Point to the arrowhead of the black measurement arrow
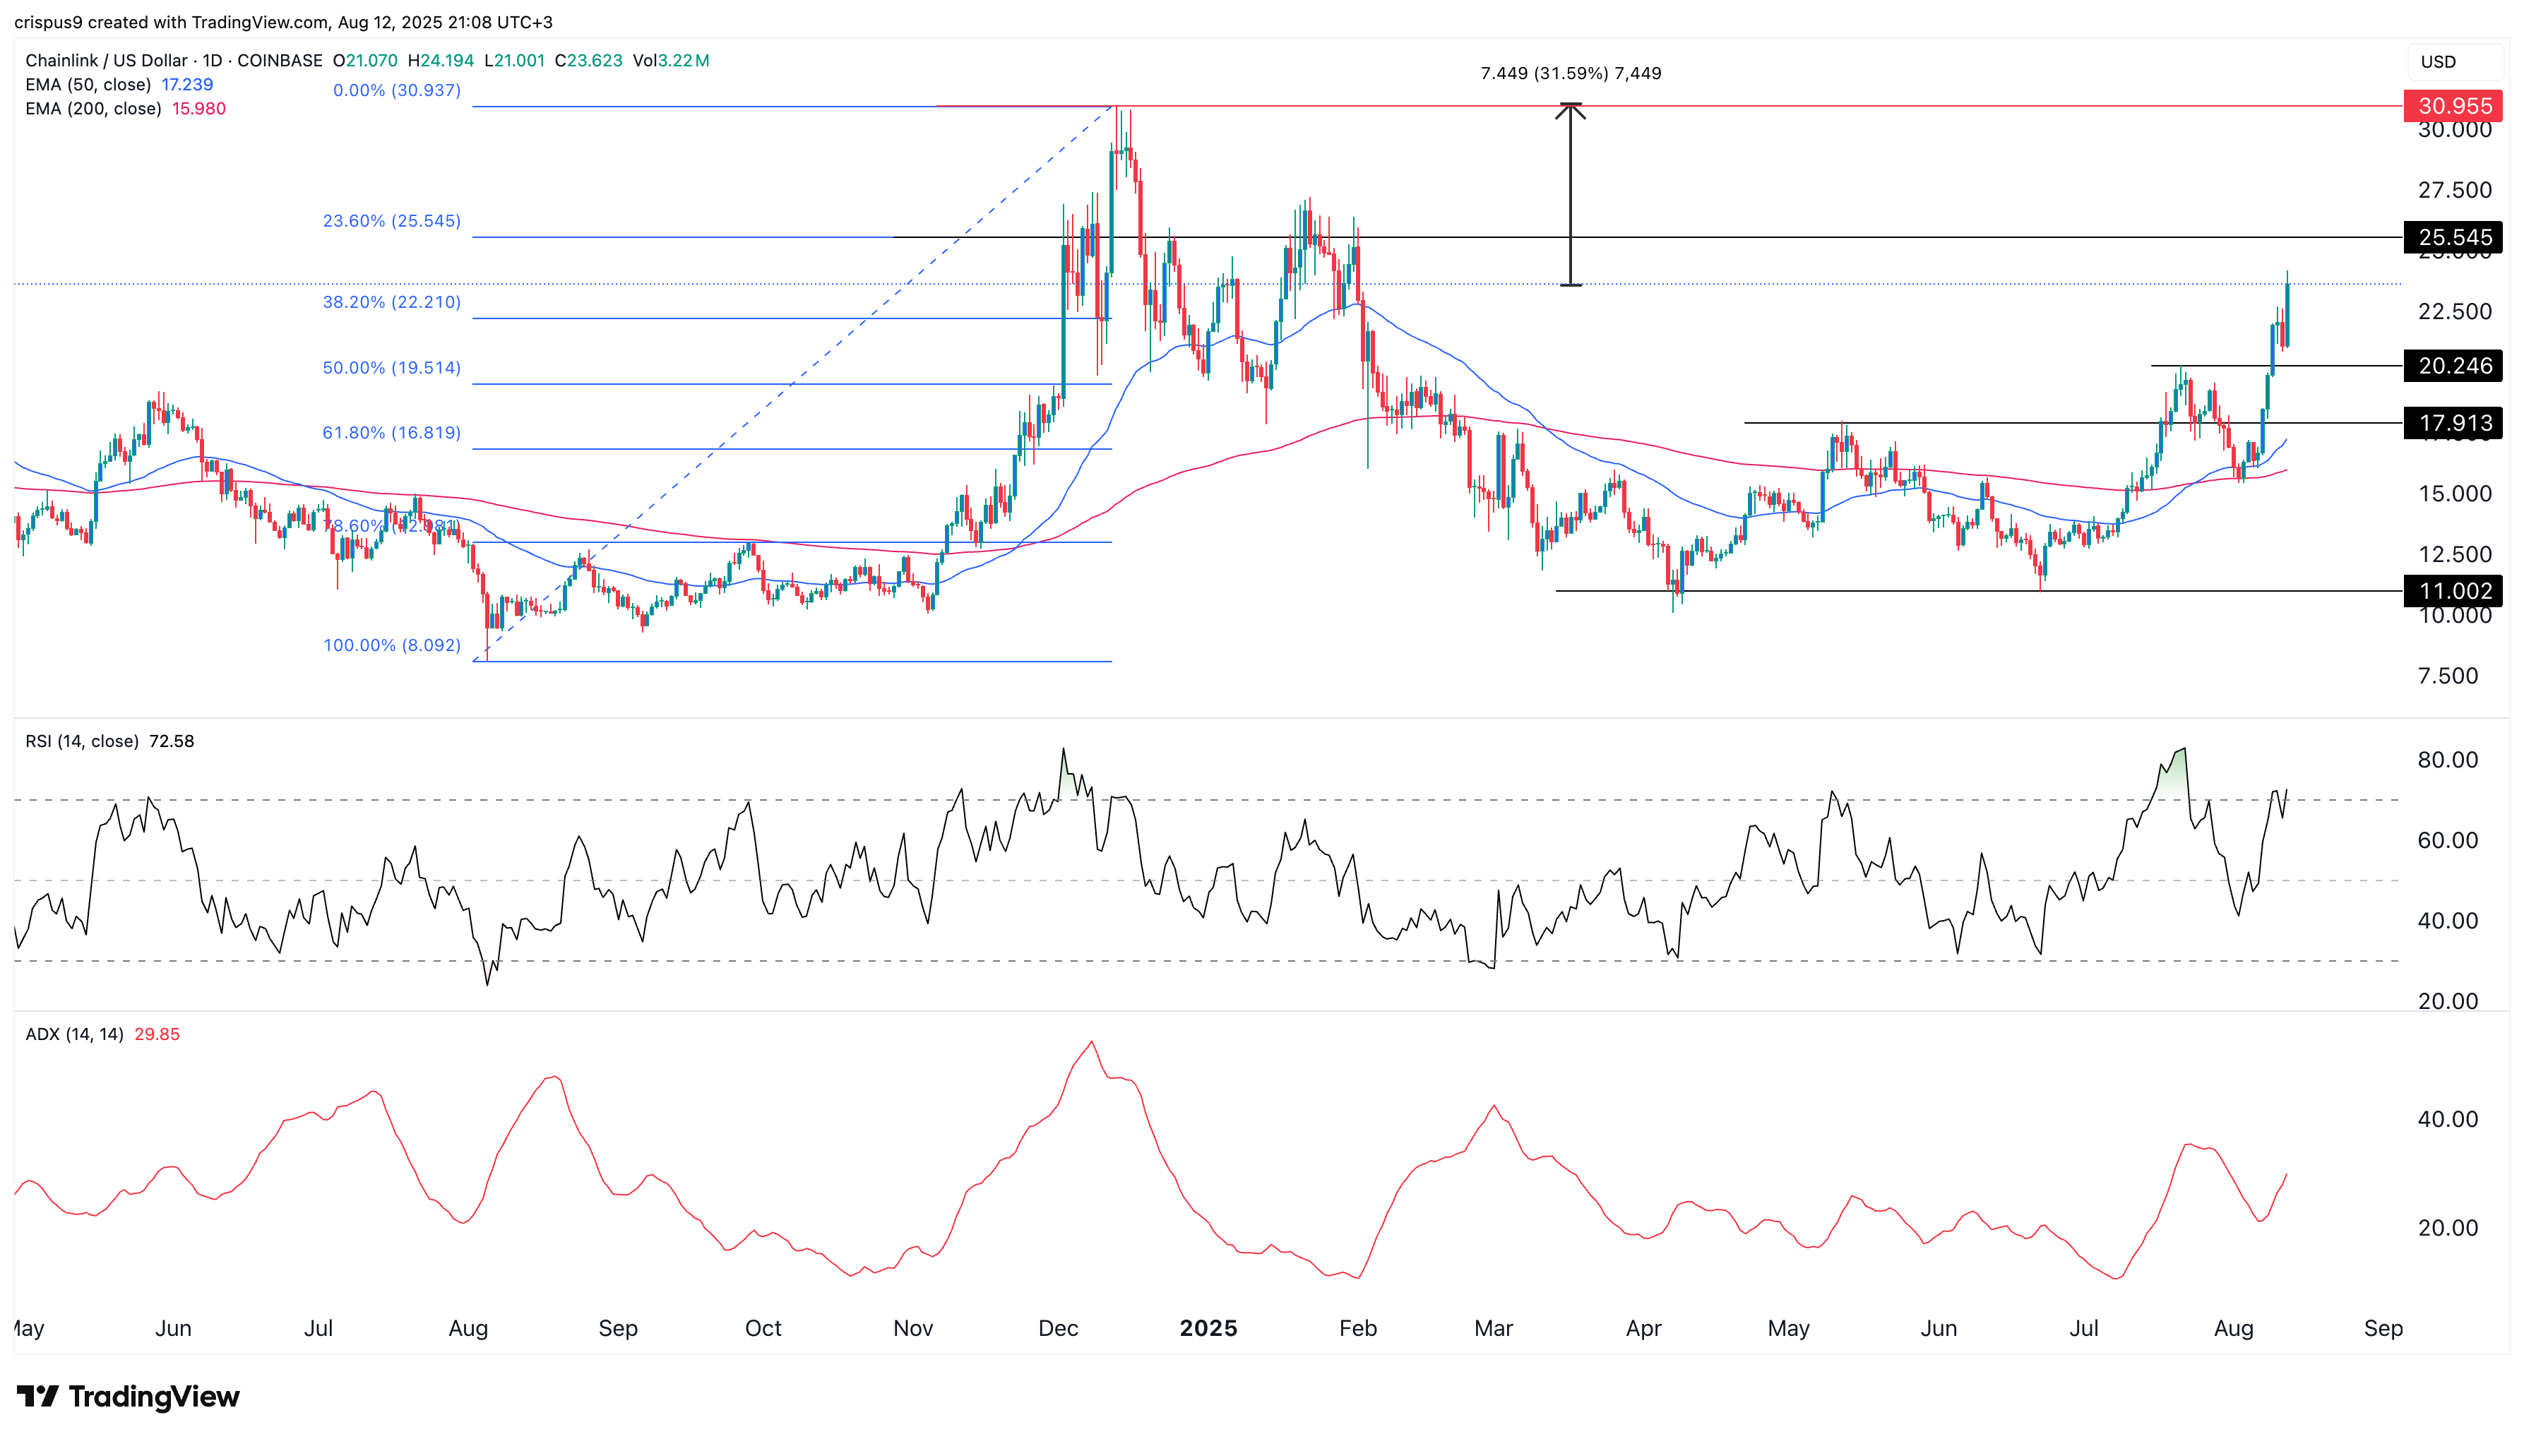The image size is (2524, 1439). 1571,109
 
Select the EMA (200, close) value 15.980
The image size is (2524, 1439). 198,109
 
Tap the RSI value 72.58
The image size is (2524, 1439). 171,741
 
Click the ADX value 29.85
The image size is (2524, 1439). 157,1035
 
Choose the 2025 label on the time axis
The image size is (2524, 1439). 1208,1328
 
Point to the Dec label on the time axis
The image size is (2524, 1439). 1057,1328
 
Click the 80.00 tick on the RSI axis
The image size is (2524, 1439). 2447,760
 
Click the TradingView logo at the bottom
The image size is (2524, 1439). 129,1397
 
